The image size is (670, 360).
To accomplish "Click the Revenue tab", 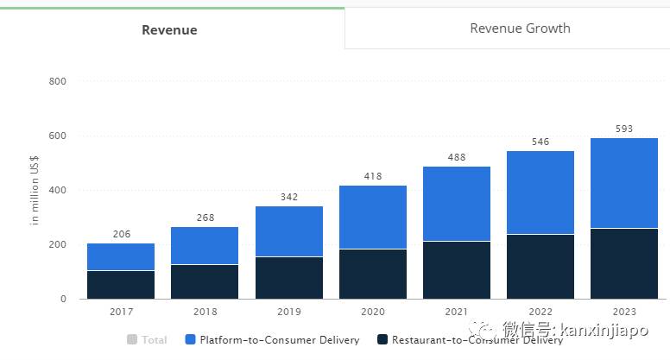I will tap(169, 29).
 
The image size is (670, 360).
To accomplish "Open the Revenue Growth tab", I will tap(520, 28).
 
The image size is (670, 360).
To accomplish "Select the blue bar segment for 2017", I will tap(121, 256).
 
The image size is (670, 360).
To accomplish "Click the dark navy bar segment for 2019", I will tap(289, 277).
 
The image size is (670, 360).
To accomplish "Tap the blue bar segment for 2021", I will tap(457, 204).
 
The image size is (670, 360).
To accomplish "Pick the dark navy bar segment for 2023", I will tap(624, 263).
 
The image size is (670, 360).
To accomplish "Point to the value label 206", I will tap(121, 234).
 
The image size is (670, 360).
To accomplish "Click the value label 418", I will tap(373, 176).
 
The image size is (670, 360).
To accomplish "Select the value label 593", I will tap(624, 129).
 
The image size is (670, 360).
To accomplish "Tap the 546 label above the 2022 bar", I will tap(540, 142).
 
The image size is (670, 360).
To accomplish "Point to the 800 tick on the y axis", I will tap(57, 81).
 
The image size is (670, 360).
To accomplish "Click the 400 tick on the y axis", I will tap(57, 190).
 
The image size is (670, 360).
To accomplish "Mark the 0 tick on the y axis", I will tap(62, 299).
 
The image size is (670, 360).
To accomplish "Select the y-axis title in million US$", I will tap(35, 190).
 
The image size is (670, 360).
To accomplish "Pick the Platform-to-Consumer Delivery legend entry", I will tap(271, 340).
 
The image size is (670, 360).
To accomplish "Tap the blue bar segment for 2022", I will tap(540, 193).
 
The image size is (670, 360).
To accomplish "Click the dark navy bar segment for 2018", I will tap(205, 281).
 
